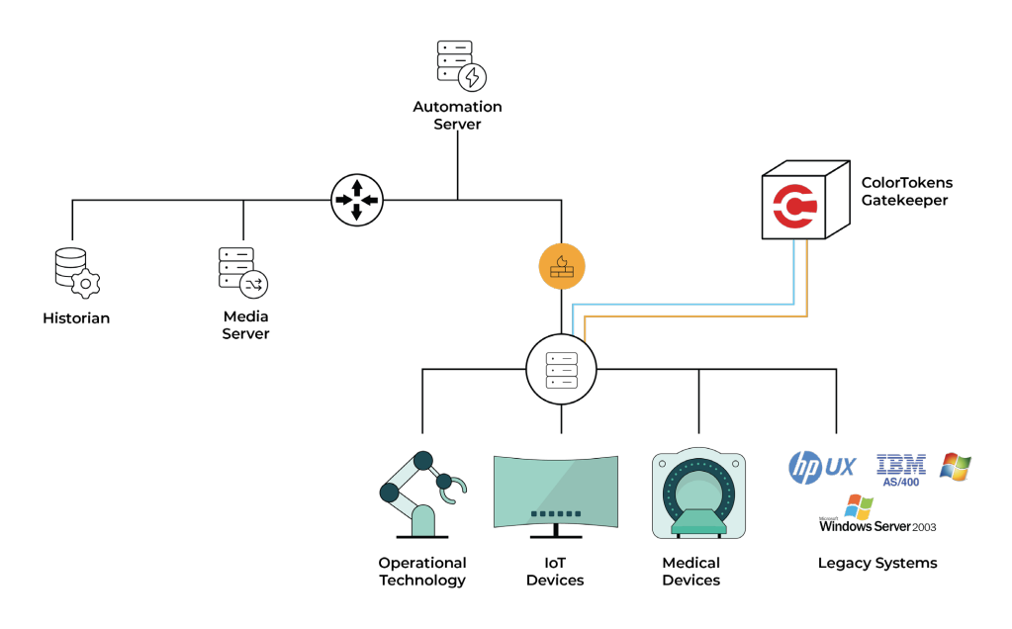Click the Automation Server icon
[461, 65]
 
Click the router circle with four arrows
[356, 199]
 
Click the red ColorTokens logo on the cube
[794, 205]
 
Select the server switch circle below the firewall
[562, 368]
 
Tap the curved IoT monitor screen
[555, 492]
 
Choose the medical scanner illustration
[698, 494]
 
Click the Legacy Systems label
[876, 563]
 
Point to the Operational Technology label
[421, 572]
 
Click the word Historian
[76, 318]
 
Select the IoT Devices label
[555, 572]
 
